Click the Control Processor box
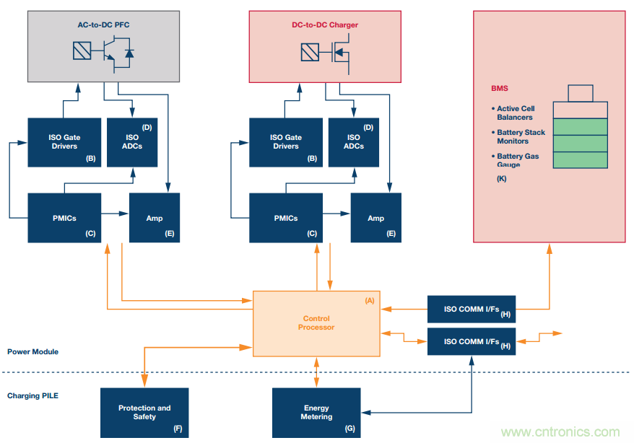pyautogui.click(x=316, y=323)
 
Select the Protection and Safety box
pyautogui.click(x=144, y=412)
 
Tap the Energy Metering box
pyautogui.click(x=316, y=412)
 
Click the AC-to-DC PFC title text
pyautogui.click(x=104, y=25)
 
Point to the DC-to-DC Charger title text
pyautogui.click(x=320, y=25)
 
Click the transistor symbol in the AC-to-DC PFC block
pyautogui.click(x=114, y=52)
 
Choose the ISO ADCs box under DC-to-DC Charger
pyautogui.click(x=353, y=141)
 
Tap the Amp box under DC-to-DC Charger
pyautogui.click(x=375, y=217)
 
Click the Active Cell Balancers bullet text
pyautogui.click(x=516, y=113)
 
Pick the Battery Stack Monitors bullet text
pyautogui.click(x=520, y=136)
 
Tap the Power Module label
pyautogui.click(x=33, y=352)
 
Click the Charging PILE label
pyautogui.click(x=33, y=396)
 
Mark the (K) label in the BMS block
pyautogui.click(x=502, y=178)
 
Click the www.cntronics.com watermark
pyautogui.click(x=560, y=431)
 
